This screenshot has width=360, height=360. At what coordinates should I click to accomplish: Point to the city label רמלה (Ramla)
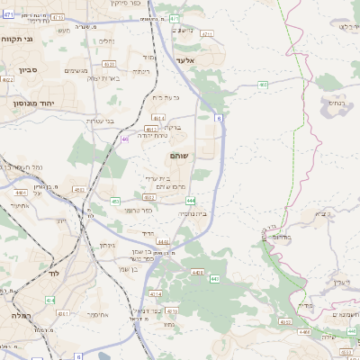(22, 316)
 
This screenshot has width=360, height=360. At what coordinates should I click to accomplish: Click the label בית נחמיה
(191, 213)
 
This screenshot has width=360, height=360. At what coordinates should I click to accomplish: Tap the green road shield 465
(263, 85)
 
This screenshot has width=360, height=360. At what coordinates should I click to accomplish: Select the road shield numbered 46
(124, 139)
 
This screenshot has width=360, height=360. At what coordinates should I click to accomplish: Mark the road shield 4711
(58, 17)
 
